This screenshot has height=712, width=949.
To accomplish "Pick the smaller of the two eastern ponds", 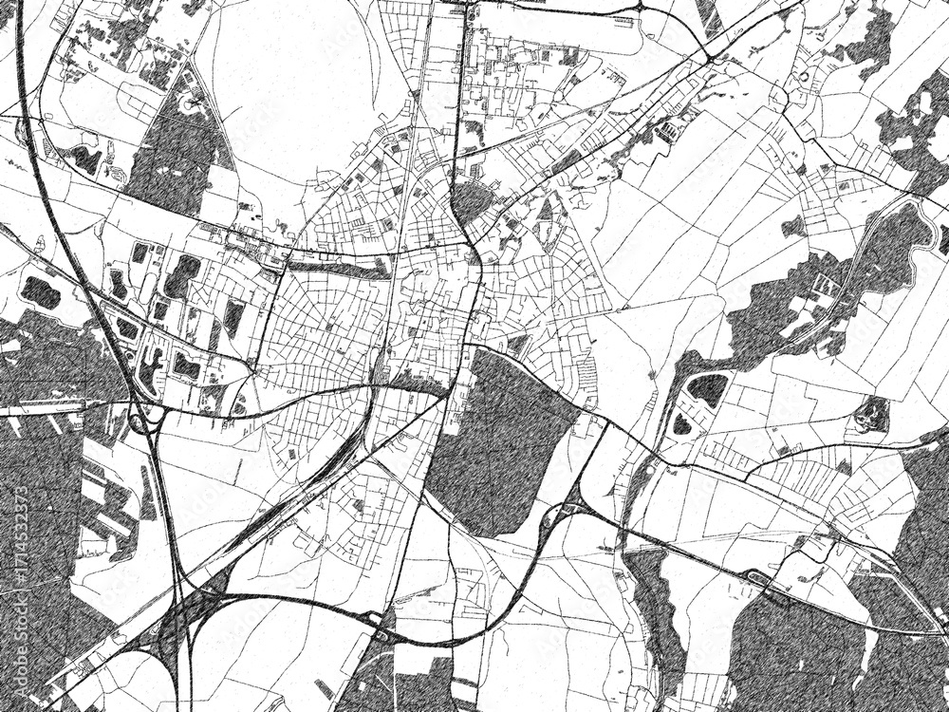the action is pos(682,423).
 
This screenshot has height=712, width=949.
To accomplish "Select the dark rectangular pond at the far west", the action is pos(41,291).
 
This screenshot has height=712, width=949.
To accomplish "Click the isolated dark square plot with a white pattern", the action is pos(871,413).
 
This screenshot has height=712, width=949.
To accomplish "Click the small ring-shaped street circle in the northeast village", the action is pos(804,76).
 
